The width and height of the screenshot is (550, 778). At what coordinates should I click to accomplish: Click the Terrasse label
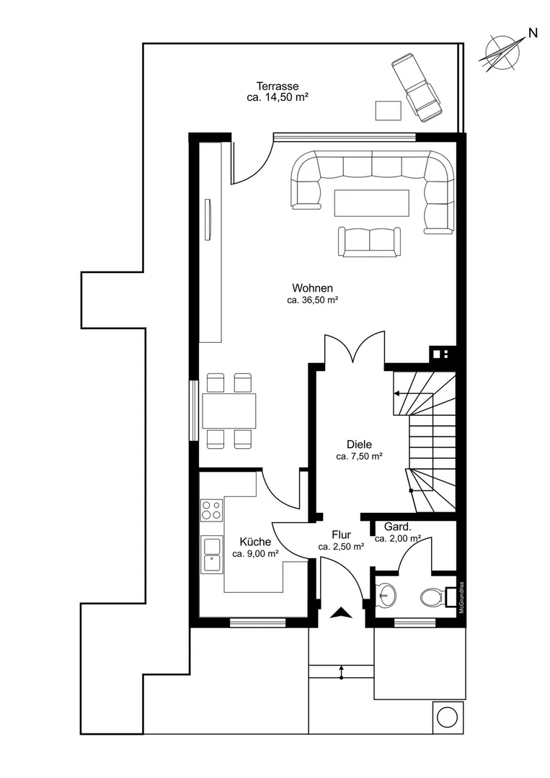(x=278, y=86)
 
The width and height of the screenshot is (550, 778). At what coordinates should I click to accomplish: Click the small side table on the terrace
(x=389, y=110)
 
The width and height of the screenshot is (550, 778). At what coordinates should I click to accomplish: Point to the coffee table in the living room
(x=372, y=203)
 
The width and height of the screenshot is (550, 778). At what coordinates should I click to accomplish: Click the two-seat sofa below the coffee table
(x=369, y=241)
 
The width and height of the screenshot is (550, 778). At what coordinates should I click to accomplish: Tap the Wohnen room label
(x=312, y=287)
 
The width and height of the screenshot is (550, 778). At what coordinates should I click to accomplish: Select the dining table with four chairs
(x=229, y=411)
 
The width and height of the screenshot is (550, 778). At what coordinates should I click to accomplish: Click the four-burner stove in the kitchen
(x=211, y=510)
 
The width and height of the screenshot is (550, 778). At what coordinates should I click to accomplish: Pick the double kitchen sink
(x=211, y=555)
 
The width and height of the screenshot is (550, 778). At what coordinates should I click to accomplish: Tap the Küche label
(x=255, y=541)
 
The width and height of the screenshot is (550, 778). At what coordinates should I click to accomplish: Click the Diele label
(x=359, y=444)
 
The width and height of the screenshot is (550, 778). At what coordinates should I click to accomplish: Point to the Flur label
(x=341, y=535)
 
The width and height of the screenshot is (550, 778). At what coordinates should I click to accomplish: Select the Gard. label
(x=398, y=527)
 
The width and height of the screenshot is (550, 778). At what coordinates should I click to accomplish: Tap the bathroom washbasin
(x=386, y=594)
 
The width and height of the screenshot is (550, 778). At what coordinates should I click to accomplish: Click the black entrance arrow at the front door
(x=341, y=613)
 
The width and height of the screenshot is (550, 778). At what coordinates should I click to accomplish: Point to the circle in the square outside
(x=447, y=717)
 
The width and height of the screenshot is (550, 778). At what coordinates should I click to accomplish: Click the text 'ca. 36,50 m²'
(x=313, y=300)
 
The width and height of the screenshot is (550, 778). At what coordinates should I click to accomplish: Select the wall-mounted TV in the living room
(x=209, y=219)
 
